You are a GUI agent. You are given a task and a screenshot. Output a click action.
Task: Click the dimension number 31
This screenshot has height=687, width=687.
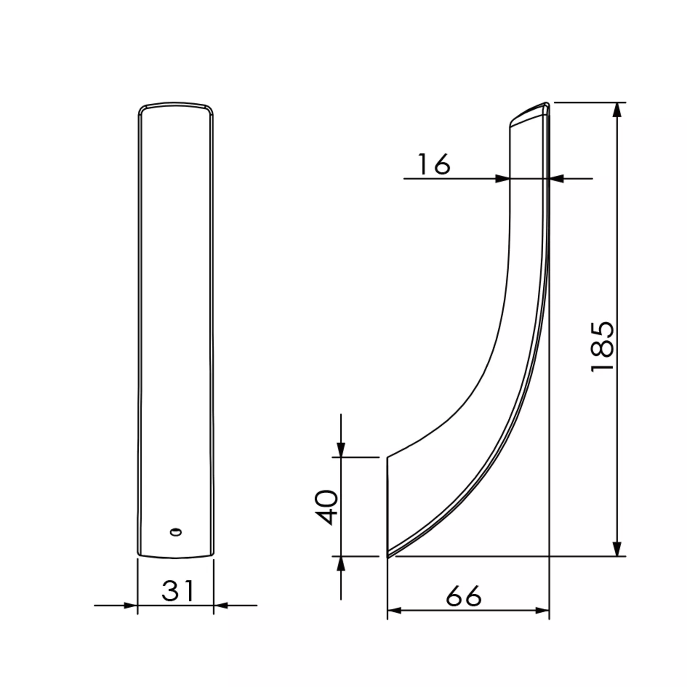click(178, 591)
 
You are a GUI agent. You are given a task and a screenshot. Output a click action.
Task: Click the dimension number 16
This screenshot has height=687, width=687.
click(434, 164)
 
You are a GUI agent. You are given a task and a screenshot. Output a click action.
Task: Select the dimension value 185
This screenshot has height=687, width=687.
click(602, 347)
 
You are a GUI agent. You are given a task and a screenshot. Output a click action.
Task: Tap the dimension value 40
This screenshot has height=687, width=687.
click(328, 507)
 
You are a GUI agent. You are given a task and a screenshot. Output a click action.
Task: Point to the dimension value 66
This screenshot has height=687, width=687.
click(464, 596)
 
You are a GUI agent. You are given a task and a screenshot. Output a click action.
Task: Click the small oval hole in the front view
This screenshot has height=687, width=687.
click(175, 532)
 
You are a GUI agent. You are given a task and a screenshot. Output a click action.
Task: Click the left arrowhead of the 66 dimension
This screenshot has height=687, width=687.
click(394, 610)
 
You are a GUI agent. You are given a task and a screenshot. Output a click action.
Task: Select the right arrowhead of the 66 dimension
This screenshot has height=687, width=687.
click(542, 610)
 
